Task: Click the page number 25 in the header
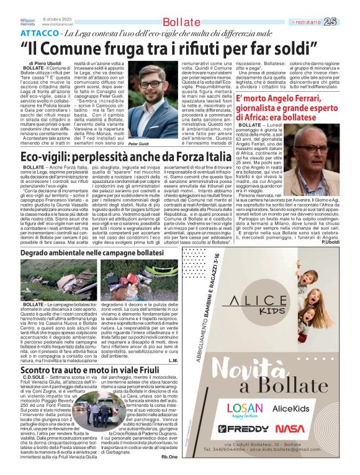348,22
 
